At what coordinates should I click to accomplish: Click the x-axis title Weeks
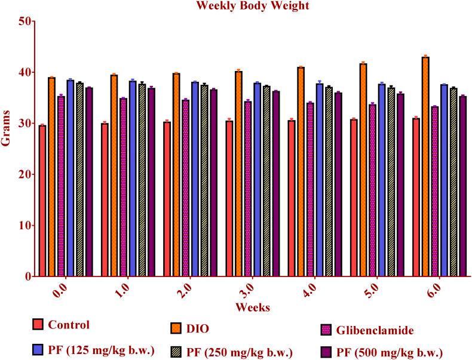252,307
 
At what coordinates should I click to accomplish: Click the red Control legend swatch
39,326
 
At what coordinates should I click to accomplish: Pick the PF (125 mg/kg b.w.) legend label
101,350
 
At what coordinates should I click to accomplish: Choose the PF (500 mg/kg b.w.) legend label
394,352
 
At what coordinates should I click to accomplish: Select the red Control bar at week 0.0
42,201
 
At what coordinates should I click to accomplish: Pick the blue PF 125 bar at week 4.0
320,180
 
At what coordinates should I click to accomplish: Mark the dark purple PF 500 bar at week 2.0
213,183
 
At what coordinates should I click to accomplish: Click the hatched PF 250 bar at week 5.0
391,182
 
